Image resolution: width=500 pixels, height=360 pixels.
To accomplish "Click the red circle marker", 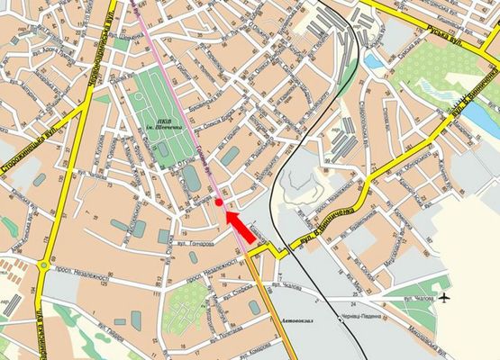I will click(x=219, y=203).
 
